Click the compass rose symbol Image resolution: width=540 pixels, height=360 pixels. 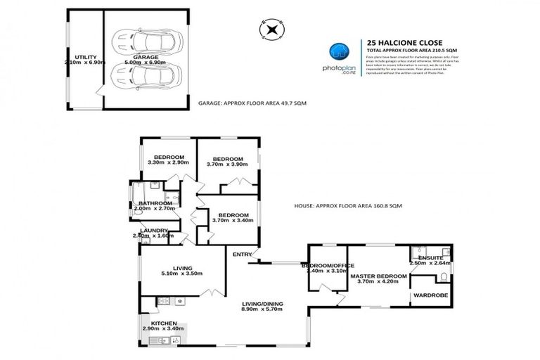(271, 29)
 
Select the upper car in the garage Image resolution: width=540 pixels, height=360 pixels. (148, 41)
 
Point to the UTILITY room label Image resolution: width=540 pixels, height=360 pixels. (85, 56)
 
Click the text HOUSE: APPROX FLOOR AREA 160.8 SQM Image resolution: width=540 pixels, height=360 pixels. (347, 206)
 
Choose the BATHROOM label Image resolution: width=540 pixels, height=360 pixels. (155, 203)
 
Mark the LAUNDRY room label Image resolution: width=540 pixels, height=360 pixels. (153, 230)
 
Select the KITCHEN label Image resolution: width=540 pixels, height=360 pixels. (154, 323)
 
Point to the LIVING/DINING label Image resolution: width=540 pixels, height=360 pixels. (262, 303)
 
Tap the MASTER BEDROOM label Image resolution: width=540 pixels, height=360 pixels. (379, 276)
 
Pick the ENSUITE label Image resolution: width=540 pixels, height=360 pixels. (430, 258)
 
